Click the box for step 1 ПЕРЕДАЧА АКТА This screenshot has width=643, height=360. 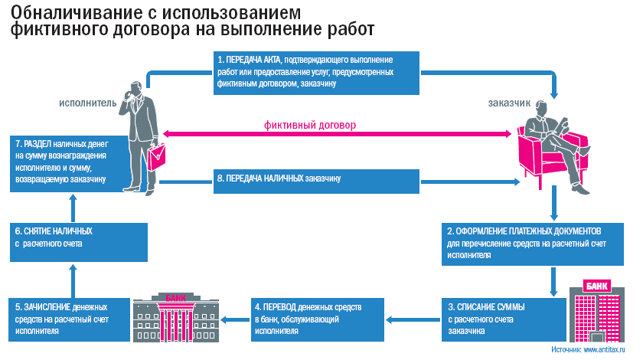coord(315,73)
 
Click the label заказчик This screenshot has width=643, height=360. coord(509,103)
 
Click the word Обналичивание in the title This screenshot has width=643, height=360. coord(76,13)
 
